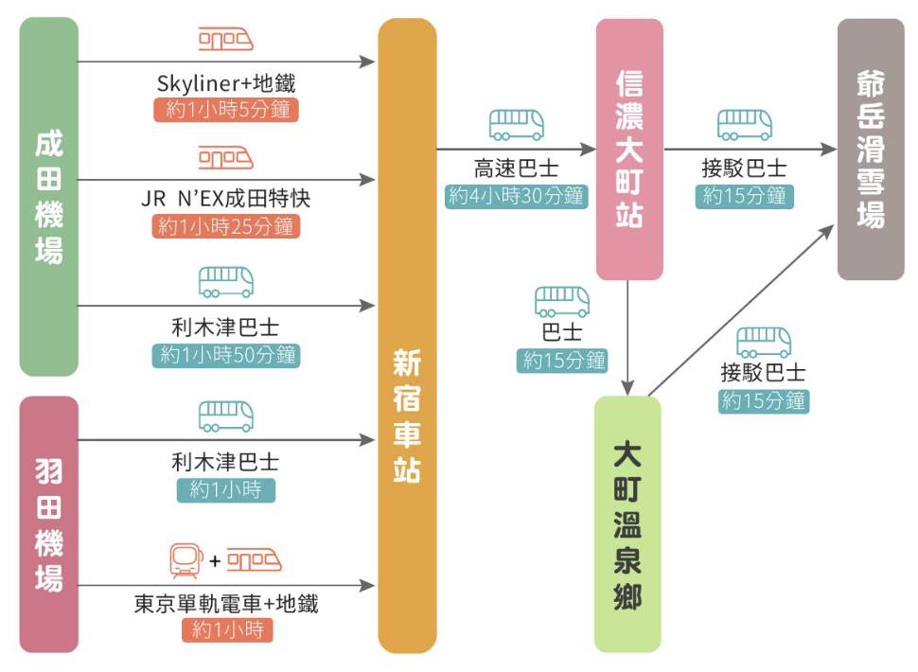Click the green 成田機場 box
[48, 197]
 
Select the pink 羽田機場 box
[48, 523]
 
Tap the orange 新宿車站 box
[407, 336]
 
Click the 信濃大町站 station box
[628, 149]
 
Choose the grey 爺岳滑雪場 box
[870, 149]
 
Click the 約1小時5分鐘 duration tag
[226, 110]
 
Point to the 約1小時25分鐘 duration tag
[226, 227]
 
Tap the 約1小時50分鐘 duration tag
[226, 356]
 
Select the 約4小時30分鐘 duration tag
[516, 197]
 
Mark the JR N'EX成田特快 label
[226, 201]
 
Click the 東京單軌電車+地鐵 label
[226, 604]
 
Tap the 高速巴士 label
[516, 170]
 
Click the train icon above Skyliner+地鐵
[226, 40]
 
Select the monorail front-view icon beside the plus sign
[185, 559]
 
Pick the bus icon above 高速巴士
[516, 125]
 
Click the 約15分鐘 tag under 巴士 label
[563, 361]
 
